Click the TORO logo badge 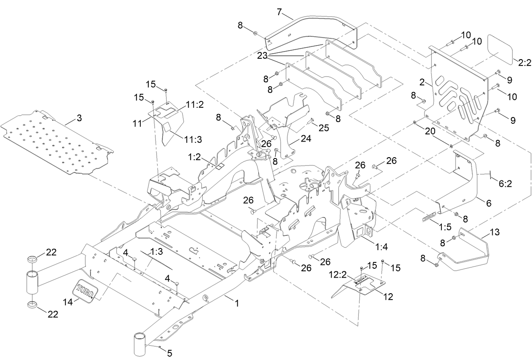[86, 290]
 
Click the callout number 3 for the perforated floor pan [79, 118]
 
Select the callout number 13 [494, 232]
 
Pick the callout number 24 [306, 138]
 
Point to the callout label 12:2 [338, 275]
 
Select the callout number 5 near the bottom [170, 353]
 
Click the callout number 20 [429, 131]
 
